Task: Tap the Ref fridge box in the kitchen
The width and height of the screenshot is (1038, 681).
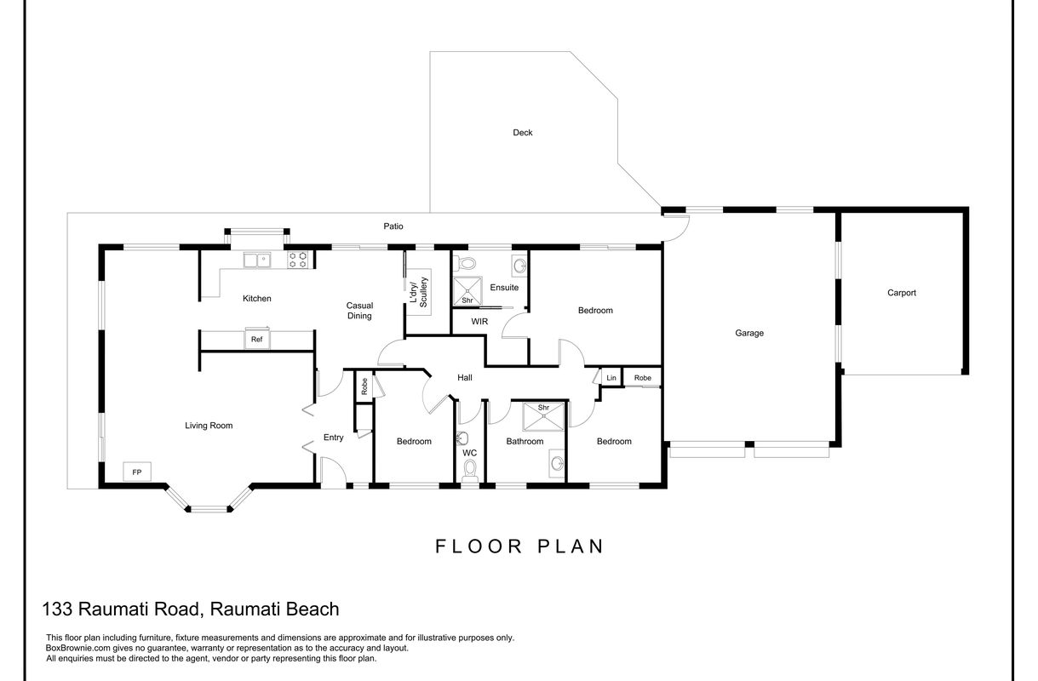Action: pyautogui.click(x=256, y=339)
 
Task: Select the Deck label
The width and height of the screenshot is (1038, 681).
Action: pyautogui.click(x=523, y=133)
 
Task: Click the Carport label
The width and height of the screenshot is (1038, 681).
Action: pyautogui.click(x=902, y=293)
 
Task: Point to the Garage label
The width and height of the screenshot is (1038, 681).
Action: pyautogui.click(x=749, y=333)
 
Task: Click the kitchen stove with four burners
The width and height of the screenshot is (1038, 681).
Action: pyautogui.click(x=297, y=260)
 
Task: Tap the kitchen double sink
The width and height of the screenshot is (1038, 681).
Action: pyautogui.click(x=256, y=260)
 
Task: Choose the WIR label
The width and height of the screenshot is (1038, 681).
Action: pyautogui.click(x=480, y=323)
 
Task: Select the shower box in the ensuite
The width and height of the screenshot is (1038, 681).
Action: pyautogui.click(x=467, y=290)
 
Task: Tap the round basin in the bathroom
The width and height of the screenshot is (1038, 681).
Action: pyautogui.click(x=557, y=463)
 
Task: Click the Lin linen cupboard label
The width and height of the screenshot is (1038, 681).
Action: pyautogui.click(x=611, y=377)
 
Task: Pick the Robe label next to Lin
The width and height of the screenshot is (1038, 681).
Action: pyautogui.click(x=642, y=377)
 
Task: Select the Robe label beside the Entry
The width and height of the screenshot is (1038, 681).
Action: pyautogui.click(x=364, y=388)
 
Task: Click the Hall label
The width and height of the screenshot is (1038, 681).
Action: pyautogui.click(x=464, y=378)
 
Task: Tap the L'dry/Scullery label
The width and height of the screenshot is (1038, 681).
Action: pyautogui.click(x=417, y=292)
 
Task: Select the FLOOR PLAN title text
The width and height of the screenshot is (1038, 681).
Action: pyautogui.click(x=519, y=546)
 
